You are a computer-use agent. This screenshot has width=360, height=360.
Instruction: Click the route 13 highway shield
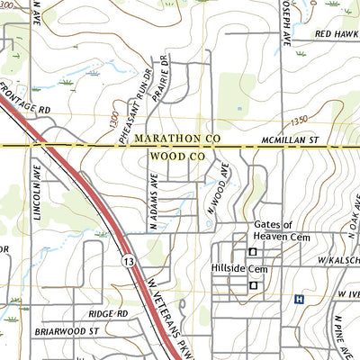click(x=130, y=261)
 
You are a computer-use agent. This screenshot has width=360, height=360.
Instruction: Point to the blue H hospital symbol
click(x=298, y=299)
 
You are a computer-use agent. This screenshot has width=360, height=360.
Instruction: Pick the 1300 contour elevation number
click(x=111, y=118)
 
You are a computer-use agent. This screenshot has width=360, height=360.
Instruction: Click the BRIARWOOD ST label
click(x=66, y=331)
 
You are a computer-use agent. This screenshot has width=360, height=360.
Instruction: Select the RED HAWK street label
click(x=337, y=33)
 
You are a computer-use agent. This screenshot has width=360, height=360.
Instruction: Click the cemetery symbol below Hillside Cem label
click(x=253, y=285)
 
